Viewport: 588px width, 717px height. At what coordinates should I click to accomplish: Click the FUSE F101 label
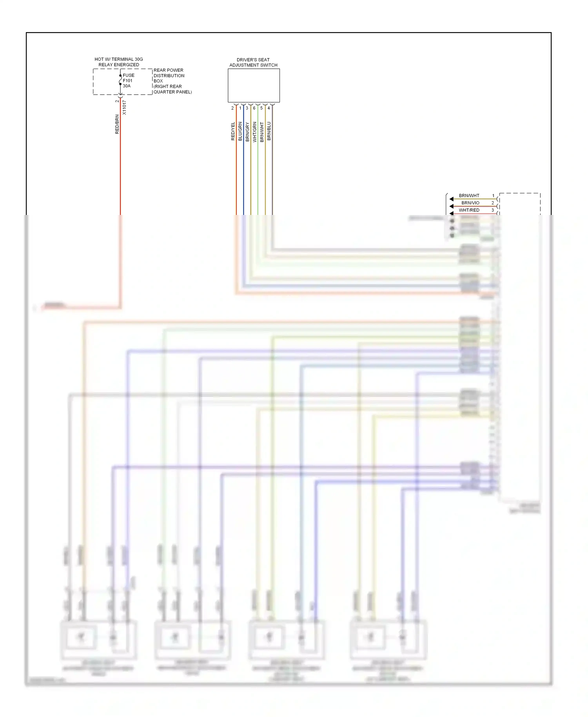tap(128, 78)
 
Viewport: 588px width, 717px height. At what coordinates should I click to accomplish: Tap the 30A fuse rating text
tap(127, 86)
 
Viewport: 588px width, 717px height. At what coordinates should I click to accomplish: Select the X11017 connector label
tap(124, 107)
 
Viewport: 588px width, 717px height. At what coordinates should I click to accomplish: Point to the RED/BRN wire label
tap(117, 124)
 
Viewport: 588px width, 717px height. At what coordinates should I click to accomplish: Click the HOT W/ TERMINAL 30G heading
tap(118, 59)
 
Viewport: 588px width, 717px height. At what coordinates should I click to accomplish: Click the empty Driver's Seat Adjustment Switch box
tap(254, 86)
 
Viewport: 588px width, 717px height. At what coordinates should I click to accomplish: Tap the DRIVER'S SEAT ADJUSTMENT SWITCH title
tap(253, 62)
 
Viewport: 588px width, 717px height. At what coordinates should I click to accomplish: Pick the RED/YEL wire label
tap(233, 131)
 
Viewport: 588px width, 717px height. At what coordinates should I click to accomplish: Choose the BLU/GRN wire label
tap(240, 131)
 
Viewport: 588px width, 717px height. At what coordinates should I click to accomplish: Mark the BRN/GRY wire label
tap(247, 131)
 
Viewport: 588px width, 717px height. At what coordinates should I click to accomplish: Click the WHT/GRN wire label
tap(255, 131)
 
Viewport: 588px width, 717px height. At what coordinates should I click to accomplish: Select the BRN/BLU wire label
tap(269, 131)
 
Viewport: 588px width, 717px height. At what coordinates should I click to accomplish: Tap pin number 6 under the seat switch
tap(254, 108)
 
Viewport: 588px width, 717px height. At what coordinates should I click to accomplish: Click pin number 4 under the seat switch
tap(269, 108)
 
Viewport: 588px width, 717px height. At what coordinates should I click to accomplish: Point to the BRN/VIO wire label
tap(470, 203)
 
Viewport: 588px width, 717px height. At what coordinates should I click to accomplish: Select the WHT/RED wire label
tap(469, 210)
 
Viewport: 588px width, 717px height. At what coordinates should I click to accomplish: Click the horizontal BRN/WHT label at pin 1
tap(469, 195)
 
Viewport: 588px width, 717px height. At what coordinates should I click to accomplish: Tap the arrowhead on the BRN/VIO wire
tap(452, 206)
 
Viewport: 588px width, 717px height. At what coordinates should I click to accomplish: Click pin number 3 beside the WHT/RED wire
tap(493, 210)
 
